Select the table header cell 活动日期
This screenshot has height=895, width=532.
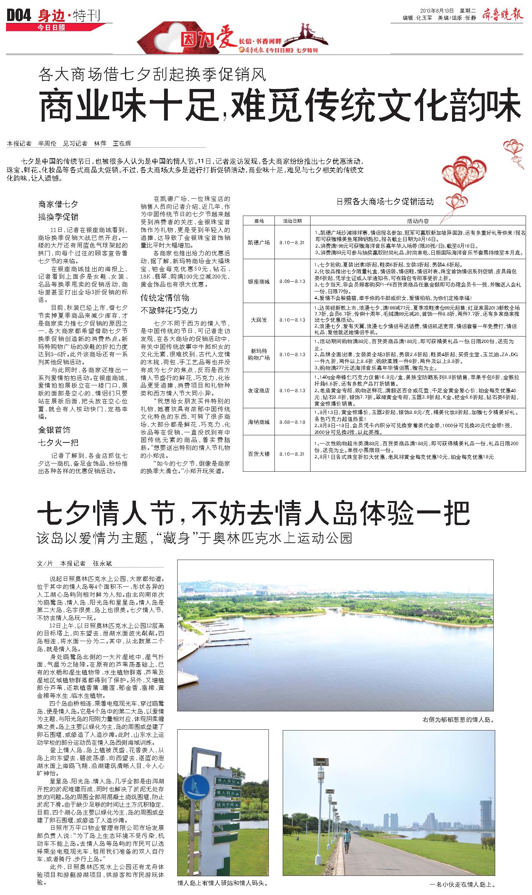point(292,221)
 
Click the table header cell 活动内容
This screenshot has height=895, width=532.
point(417,221)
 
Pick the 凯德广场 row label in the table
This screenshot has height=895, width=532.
point(259,243)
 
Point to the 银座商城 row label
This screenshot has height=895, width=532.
point(259,281)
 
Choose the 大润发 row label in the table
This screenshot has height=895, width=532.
point(259,320)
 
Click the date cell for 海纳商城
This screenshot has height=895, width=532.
point(292,422)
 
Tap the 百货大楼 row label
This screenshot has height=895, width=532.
point(259,454)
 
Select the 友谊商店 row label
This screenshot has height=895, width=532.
point(259,391)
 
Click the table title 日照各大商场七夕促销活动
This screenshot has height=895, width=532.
point(385,202)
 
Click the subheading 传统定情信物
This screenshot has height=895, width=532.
point(165,298)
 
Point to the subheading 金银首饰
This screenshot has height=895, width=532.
point(54,430)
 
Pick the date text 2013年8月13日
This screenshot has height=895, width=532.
point(436,11)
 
